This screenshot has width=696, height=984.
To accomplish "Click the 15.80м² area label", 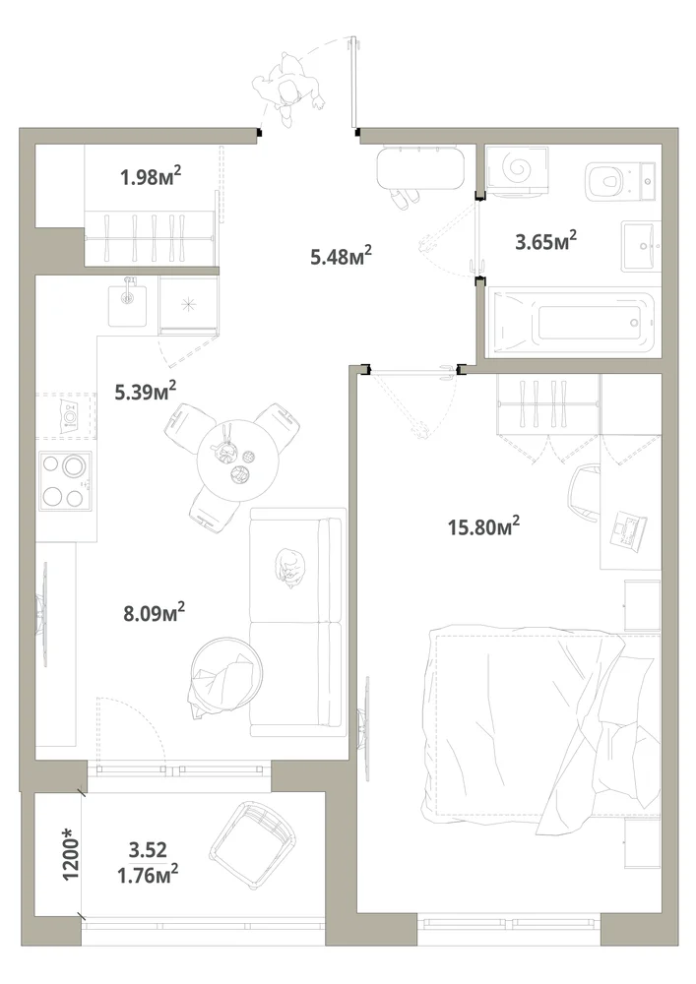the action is [x=483, y=525].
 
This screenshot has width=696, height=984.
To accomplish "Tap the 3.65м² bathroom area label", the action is [x=546, y=240].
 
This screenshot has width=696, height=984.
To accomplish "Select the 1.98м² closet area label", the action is [x=151, y=176].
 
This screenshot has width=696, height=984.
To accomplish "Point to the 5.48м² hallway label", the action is [x=341, y=256].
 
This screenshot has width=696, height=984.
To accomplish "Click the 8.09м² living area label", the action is [x=154, y=612].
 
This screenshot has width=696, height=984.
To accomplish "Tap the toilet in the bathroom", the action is [x=620, y=179].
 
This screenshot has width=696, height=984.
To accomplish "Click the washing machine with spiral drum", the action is [x=518, y=170].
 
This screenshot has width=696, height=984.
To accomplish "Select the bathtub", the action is [x=574, y=323].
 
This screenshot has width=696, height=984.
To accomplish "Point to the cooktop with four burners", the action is [x=65, y=481].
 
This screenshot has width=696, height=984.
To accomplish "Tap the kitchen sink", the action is [x=127, y=304].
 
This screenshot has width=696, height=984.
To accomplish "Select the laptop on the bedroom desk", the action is [x=628, y=531].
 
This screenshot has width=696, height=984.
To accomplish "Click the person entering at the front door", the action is [x=288, y=90].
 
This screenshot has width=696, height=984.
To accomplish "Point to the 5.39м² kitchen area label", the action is [x=145, y=392].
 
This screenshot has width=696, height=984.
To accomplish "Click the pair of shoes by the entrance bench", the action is [x=405, y=199].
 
